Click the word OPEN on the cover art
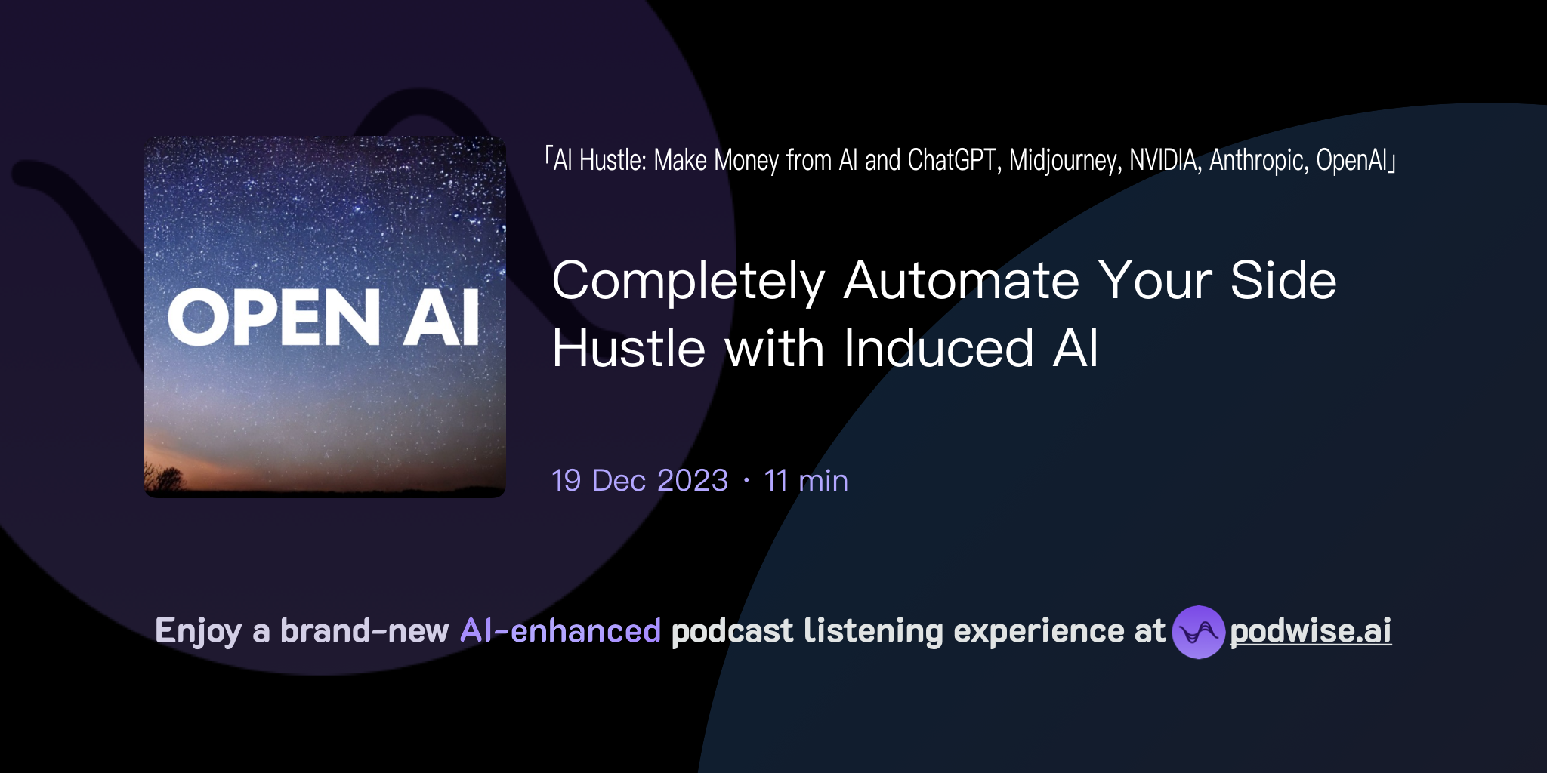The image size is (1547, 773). click(273, 318)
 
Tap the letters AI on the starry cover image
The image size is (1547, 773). click(441, 318)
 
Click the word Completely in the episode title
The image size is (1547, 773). click(688, 282)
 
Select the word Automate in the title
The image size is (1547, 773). click(962, 280)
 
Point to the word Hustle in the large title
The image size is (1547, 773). click(628, 349)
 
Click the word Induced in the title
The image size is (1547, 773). click(938, 349)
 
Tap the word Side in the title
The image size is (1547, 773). click(1283, 280)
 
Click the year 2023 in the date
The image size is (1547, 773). click(692, 481)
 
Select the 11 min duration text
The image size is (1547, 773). click(806, 481)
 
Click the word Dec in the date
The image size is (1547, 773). click(619, 481)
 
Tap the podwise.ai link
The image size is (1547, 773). click(1310, 631)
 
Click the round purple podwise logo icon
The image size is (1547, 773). click(1198, 632)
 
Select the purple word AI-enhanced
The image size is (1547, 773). click(560, 631)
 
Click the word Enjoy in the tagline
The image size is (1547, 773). click(198, 631)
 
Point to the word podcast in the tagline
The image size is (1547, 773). click(732, 631)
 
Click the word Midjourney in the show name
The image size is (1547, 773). click(1065, 161)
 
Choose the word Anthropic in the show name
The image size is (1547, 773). click(1258, 161)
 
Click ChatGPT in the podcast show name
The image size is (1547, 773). click(954, 161)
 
